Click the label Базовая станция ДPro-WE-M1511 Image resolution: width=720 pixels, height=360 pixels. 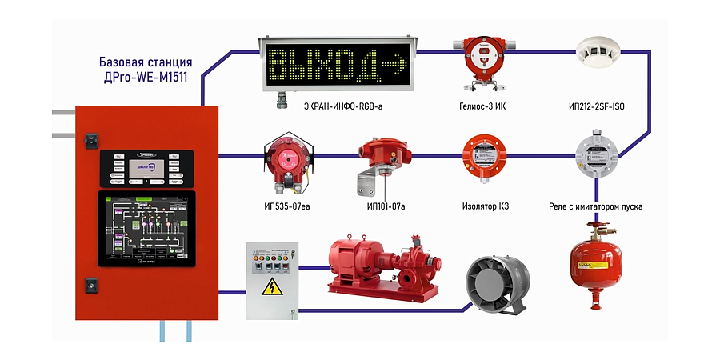(145, 70)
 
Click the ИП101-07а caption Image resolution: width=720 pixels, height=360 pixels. (386, 206)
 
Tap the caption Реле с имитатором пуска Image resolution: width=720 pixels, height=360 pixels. (595, 206)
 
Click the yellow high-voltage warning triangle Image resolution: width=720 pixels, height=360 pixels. (271, 288)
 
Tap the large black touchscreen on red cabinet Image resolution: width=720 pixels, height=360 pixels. (146, 229)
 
